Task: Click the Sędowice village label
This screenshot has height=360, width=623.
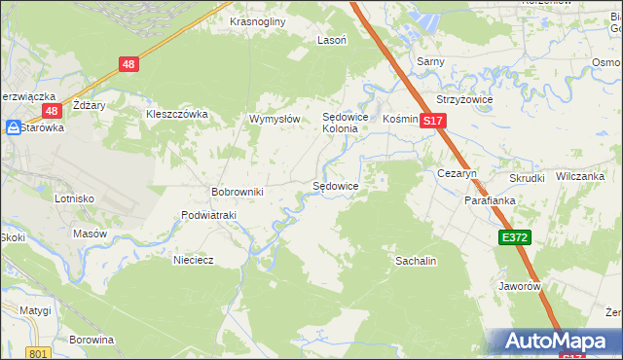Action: pyautogui.click(x=335, y=185)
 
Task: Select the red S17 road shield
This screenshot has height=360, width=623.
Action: pyautogui.click(x=433, y=121)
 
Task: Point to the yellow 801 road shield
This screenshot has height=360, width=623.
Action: pyautogui.click(x=38, y=353)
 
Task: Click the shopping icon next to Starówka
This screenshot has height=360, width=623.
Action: pyautogui.click(x=13, y=127)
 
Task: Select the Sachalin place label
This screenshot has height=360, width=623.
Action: pyautogui.click(x=415, y=261)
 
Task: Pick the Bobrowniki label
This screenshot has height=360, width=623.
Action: pyautogui.click(x=238, y=192)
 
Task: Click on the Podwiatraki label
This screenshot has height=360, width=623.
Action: pyautogui.click(x=209, y=215)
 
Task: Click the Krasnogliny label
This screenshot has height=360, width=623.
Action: pyautogui.click(x=256, y=20)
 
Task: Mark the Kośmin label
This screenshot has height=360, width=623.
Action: pyautogui.click(x=400, y=118)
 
